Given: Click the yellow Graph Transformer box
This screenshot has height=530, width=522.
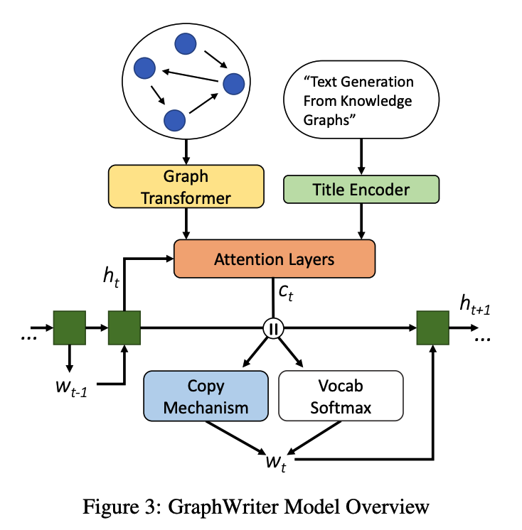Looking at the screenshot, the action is [x=186, y=186].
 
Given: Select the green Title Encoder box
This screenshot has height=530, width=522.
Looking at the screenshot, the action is [x=361, y=189].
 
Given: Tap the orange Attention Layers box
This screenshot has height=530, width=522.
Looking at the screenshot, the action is [x=275, y=259].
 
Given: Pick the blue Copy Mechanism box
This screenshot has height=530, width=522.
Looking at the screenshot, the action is [x=206, y=396].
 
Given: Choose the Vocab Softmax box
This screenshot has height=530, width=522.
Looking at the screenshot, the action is [x=341, y=396].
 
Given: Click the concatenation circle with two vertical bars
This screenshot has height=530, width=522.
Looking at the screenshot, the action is [x=273, y=328].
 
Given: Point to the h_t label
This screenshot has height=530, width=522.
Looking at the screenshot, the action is [x=112, y=277].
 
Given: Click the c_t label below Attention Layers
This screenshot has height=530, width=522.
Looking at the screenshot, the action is [x=286, y=293].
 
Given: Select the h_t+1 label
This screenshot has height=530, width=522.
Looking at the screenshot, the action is [x=475, y=305].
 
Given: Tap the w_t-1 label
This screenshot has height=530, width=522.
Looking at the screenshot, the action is [x=72, y=388].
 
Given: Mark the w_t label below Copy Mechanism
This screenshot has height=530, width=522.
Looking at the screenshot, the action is [x=276, y=463].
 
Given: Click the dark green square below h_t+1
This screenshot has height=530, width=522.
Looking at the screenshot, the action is [x=432, y=328].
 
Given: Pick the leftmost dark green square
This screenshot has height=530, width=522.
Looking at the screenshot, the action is [x=70, y=328].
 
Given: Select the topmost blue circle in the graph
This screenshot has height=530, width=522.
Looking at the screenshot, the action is [x=186, y=43].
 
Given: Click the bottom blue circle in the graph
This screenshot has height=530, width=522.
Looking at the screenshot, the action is [x=174, y=120].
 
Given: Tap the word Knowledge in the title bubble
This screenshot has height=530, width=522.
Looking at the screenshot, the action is [x=375, y=101].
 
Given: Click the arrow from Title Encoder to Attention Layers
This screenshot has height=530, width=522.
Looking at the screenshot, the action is [x=361, y=222].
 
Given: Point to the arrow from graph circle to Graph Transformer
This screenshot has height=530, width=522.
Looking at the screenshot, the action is [x=186, y=152].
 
